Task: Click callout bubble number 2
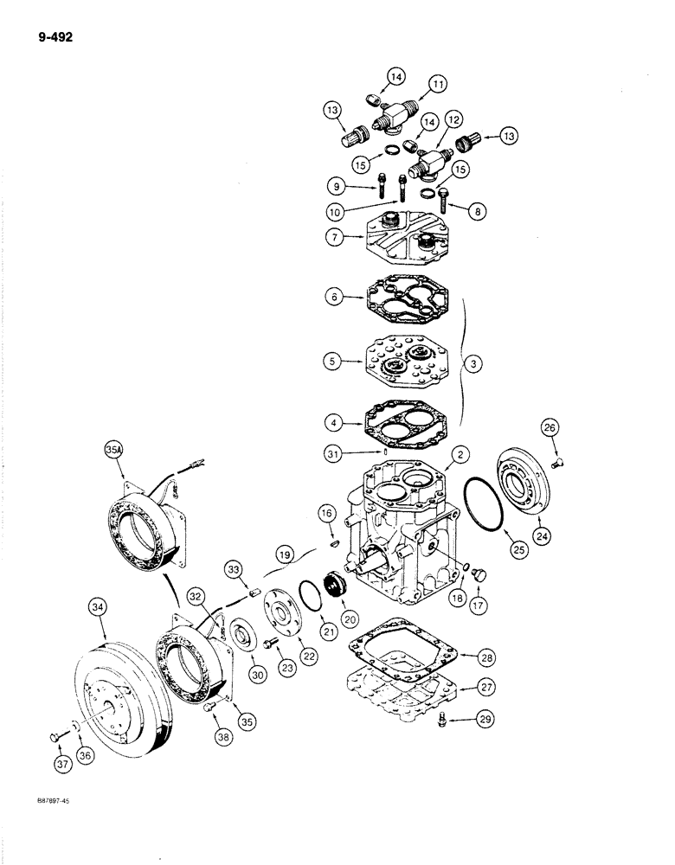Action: tap(462, 455)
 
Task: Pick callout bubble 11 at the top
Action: tap(439, 85)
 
